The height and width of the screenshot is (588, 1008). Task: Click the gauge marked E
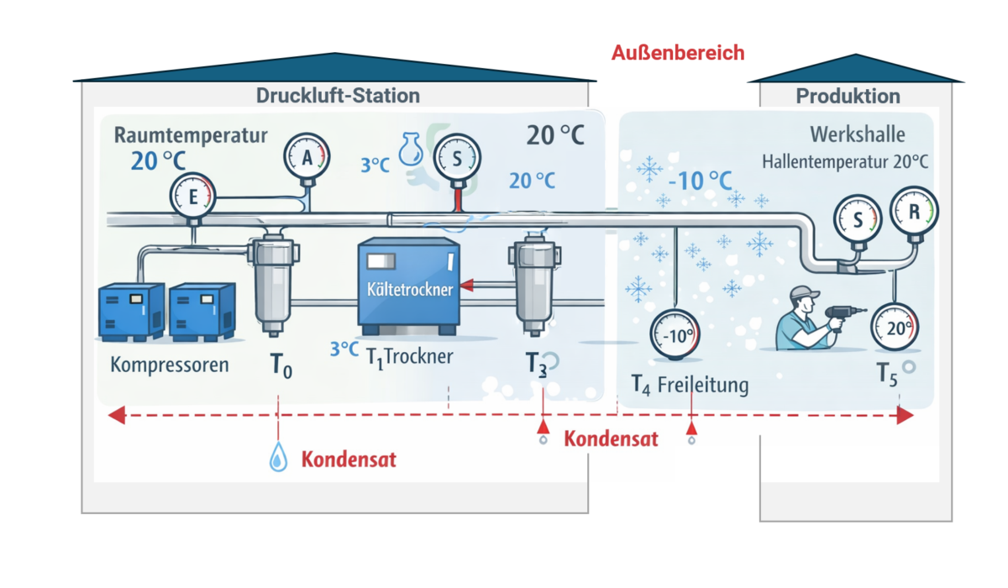pos(192,196)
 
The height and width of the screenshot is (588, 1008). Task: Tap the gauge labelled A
pos(307,157)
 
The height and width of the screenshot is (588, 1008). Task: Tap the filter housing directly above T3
pos(535,286)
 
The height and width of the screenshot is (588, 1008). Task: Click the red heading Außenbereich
pos(678,53)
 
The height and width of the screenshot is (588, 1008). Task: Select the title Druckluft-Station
pos(338,96)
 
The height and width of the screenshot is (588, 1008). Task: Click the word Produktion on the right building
pos(848,97)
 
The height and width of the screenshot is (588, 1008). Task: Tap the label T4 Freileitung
pos(690,386)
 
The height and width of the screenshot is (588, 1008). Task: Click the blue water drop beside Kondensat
pos(277,458)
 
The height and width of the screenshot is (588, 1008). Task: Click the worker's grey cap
pos(804,293)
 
